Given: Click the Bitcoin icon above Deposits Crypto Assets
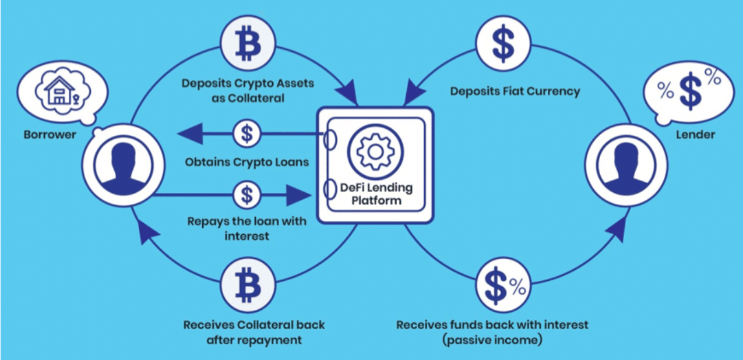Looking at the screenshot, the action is [248, 44].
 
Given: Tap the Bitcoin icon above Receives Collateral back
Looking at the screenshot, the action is [248, 285].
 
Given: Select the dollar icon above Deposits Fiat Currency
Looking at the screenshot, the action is [503, 44].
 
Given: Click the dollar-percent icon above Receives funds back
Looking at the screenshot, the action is [503, 285].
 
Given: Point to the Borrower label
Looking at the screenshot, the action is [50, 135].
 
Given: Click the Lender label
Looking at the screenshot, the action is [695, 135].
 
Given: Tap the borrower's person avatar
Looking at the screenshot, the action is [124, 165].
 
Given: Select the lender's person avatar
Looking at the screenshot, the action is [626, 165].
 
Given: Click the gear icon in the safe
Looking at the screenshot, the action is [375, 152].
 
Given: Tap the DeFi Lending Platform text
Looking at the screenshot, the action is [376, 194].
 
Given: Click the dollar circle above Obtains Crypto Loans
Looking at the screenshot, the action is [247, 134].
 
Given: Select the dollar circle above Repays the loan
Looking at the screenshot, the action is [247, 195].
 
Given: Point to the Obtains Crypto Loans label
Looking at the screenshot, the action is [247, 162].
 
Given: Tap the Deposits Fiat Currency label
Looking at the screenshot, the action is [515, 91].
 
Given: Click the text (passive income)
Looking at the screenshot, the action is [492, 340].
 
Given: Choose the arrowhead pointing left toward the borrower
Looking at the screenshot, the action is [191, 134].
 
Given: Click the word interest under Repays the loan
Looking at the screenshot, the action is [247, 236].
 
